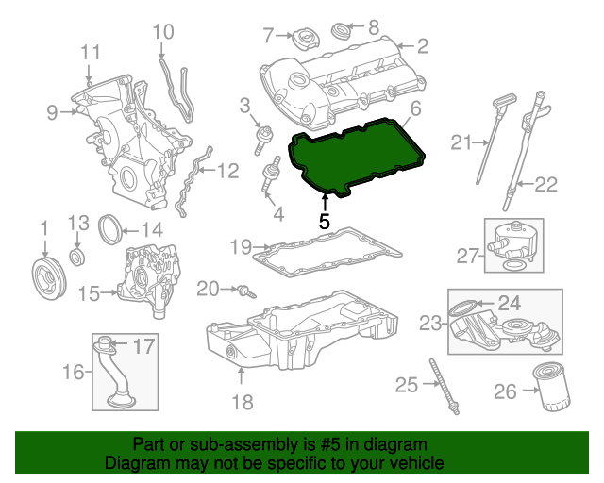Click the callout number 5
click(x=324, y=222)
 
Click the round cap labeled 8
click(x=344, y=34)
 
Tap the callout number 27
click(x=468, y=255)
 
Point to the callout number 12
click(x=228, y=172)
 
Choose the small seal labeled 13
click(x=77, y=258)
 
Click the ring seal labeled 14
click(x=111, y=228)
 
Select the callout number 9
click(x=53, y=113)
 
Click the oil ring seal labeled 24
click(x=464, y=307)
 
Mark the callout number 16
click(x=74, y=373)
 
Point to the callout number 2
click(x=422, y=44)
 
